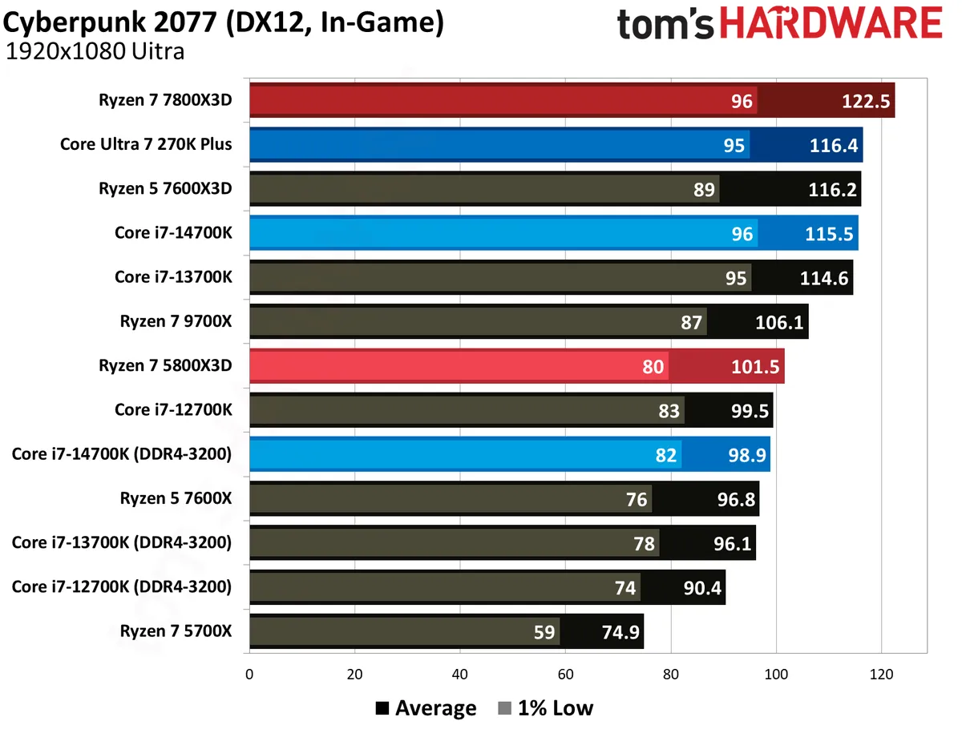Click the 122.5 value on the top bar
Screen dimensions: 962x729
click(865, 101)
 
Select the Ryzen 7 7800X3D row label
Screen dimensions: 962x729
click(165, 100)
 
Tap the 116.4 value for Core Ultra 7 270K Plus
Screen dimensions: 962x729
click(833, 145)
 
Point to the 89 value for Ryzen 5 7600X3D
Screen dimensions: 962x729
click(704, 190)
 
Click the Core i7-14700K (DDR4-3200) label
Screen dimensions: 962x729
click(121, 454)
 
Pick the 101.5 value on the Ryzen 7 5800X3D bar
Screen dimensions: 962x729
click(755, 366)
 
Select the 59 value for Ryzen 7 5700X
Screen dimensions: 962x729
click(544, 632)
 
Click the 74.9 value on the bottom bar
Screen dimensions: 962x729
click(620, 632)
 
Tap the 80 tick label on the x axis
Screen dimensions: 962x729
click(670, 674)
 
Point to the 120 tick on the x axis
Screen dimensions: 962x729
click(881, 674)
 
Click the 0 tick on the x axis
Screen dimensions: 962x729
click(249, 674)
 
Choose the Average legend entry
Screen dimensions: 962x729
click(426, 708)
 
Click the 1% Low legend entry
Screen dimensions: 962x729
click(546, 708)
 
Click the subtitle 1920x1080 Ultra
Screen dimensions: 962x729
click(95, 51)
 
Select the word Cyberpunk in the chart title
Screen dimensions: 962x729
click(74, 22)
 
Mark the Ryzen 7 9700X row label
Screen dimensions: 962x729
click(176, 321)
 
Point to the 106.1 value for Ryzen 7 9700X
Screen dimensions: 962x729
click(779, 322)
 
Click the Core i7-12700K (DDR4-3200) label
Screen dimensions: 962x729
click(121, 586)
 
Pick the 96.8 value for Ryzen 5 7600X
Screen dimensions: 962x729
click(736, 499)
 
